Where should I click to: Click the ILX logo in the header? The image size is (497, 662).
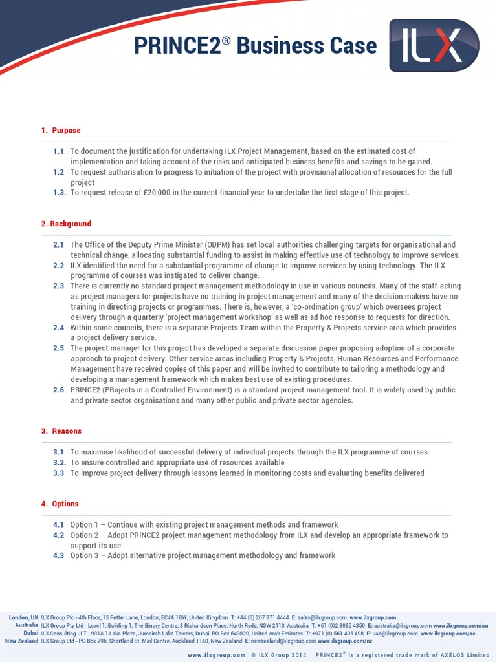click(x=434, y=45)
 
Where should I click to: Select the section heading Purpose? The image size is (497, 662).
click(x=66, y=131)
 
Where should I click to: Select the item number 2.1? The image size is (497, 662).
click(x=58, y=245)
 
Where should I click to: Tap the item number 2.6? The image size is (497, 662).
click(x=58, y=390)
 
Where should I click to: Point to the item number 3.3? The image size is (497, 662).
click(x=58, y=473)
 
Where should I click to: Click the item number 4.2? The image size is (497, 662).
click(x=58, y=535)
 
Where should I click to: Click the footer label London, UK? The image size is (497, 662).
click(x=23, y=618)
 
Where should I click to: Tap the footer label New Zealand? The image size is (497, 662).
click(x=21, y=641)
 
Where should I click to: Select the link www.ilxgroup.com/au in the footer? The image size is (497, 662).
click(x=460, y=626)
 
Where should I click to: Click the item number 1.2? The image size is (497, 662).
click(x=58, y=172)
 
